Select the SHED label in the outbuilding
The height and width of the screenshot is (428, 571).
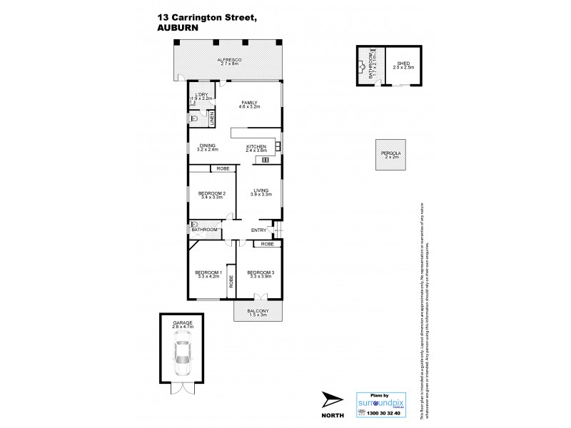pyautogui.click(x=401, y=63)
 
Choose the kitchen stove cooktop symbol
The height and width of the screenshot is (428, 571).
pyautogui.click(x=265, y=160)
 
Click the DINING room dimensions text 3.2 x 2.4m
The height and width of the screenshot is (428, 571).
pyautogui.click(x=207, y=151)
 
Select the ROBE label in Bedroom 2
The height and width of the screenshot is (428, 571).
pyautogui.click(x=223, y=169)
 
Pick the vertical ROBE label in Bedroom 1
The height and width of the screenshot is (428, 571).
pyautogui.click(x=231, y=281)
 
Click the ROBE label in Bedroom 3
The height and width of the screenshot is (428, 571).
pyautogui.click(x=267, y=244)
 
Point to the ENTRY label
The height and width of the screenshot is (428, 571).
pyautogui.click(x=258, y=230)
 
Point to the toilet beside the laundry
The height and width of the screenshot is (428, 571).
pyautogui.click(x=193, y=120)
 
